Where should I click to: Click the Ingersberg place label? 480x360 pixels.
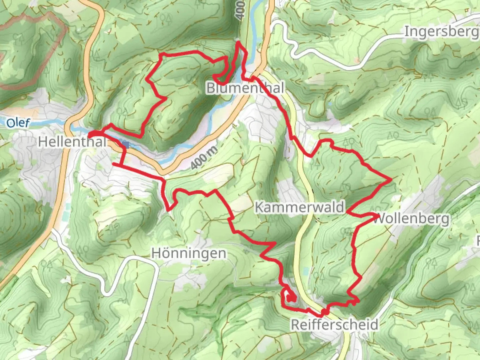pos(441,32)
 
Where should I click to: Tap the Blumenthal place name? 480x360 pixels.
pos(245,88)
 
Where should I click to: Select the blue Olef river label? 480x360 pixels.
pos(18,123)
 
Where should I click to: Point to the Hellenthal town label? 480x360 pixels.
pos(72,142)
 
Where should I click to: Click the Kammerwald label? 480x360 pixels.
pos(299,207)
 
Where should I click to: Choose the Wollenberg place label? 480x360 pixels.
pos(411,219)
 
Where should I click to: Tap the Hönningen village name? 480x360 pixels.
pos(189,253)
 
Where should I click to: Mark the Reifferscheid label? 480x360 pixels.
pos(335,324)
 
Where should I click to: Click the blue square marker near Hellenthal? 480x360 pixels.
pos(125,144)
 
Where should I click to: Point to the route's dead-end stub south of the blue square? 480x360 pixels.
pos(114,164)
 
